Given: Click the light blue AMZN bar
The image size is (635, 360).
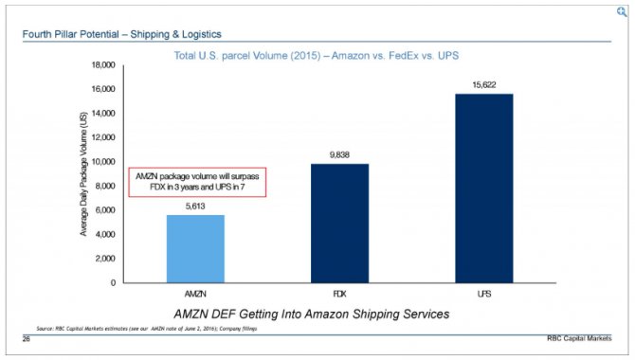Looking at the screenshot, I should [x=195, y=248].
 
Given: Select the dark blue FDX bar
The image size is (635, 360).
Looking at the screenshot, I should [x=339, y=223].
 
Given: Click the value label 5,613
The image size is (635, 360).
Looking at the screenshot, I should [x=195, y=206].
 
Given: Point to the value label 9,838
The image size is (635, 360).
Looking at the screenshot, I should [x=339, y=154].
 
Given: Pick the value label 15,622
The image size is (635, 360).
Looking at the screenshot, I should [x=483, y=84].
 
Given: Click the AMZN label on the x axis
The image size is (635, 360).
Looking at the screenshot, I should [x=195, y=295].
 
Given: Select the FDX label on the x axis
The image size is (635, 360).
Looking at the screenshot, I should [x=339, y=295].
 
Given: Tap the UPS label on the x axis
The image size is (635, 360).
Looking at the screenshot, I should [x=483, y=295].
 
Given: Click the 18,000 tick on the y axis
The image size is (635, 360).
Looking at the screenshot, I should [x=101, y=64].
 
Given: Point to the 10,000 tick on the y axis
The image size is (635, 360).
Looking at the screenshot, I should [x=101, y=161].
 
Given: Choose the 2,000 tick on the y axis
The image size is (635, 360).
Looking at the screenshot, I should [x=104, y=258].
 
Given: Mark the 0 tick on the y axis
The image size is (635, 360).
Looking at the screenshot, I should [x=113, y=282].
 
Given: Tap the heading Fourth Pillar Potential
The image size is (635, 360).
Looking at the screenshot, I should [x=109, y=36].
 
